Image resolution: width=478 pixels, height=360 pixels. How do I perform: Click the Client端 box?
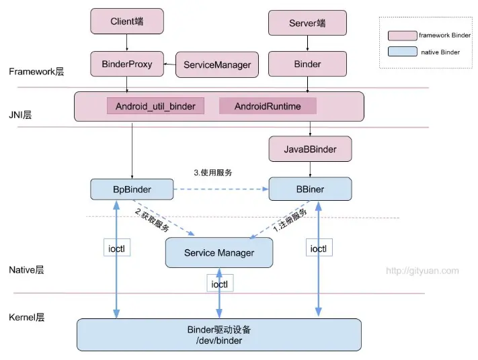[x=128, y=21]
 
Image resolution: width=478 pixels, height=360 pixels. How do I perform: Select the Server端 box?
[x=307, y=23]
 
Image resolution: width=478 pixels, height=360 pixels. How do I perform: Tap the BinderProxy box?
[x=127, y=64]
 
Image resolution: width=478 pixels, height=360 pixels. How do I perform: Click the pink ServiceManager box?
[x=217, y=64]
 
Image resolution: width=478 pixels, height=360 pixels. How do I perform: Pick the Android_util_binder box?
[x=155, y=106]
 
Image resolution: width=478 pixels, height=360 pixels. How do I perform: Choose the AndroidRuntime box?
[x=268, y=106]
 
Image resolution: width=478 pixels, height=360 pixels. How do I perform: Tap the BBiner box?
[x=310, y=189]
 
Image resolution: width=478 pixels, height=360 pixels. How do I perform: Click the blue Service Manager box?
[x=219, y=253]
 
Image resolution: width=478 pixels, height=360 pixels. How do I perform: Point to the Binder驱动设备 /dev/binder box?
[x=219, y=334]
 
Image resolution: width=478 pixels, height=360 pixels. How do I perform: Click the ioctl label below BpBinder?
[x=116, y=249]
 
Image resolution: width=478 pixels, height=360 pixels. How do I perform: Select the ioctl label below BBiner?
[x=318, y=249]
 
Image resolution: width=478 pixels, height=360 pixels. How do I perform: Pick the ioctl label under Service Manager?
[x=218, y=284]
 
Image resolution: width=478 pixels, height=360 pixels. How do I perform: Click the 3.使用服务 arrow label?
[x=213, y=173]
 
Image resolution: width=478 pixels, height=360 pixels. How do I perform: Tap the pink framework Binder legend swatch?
[x=402, y=35]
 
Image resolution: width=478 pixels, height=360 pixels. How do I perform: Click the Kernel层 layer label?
[x=26, y=316]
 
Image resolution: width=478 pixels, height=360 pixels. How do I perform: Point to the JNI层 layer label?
[x=20, y=115]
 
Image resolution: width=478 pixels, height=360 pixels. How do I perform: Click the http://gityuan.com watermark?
[x=422, y=271]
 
